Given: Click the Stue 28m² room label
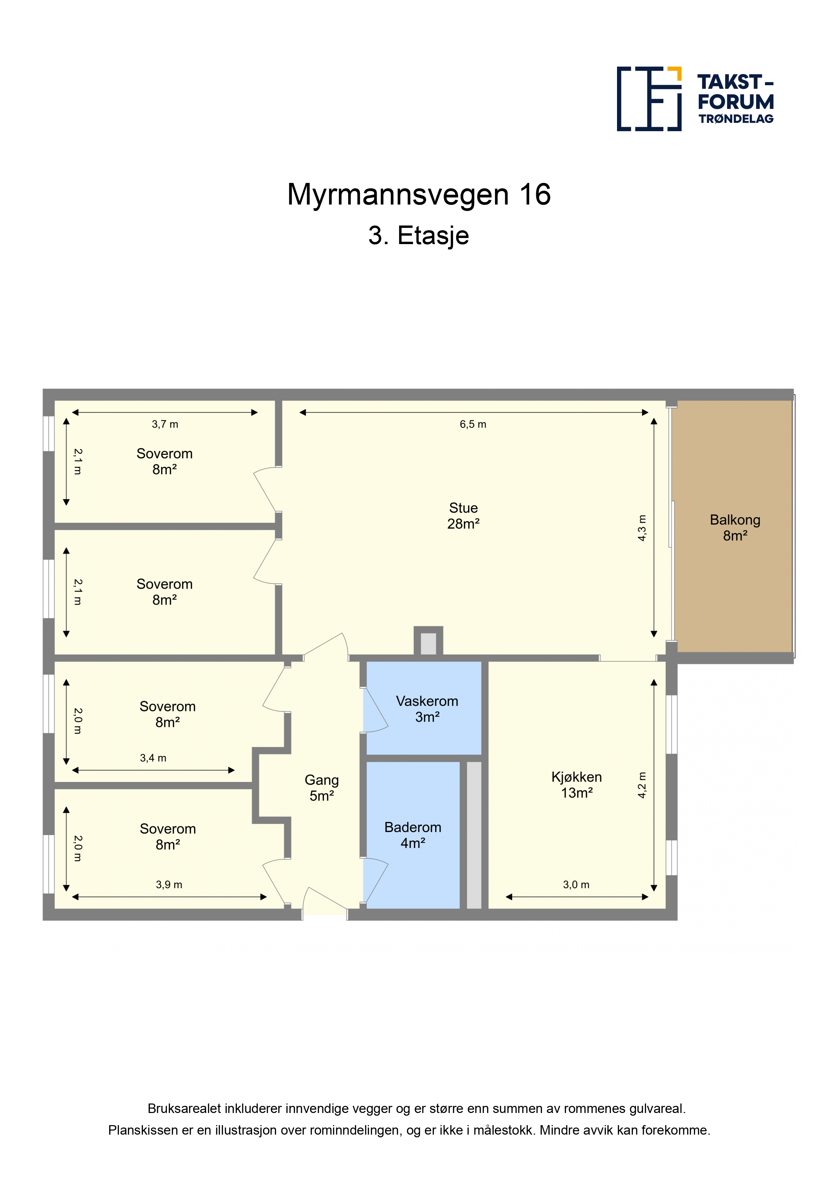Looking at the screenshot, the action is (x=463, y=516).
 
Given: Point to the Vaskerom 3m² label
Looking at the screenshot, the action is (x=427, y=709).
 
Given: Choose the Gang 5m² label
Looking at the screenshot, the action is (x=322, y=788).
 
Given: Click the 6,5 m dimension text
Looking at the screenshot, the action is (x=473, y=424).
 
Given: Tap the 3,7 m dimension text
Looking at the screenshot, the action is (x=165, y=424).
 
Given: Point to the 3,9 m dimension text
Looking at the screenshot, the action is (x=169, y=884).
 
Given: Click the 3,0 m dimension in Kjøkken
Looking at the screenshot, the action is (x=576, y=884).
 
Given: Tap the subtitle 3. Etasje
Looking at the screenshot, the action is (x=419, y=236).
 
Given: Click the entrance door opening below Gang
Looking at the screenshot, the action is (x=324, y=915).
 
